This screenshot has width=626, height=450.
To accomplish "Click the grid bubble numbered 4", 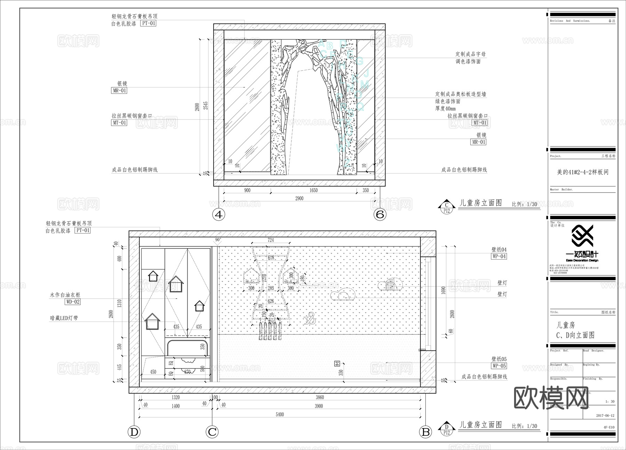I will pos(218,214).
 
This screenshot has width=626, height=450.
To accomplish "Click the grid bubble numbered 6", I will pos(380,214).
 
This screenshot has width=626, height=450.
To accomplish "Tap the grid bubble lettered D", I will pos(134,432).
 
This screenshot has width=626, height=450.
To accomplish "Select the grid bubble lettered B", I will pos(426,432).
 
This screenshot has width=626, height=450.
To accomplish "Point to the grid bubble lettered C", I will pos(212,432).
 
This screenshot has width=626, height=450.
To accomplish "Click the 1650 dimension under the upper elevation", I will pos(313,190).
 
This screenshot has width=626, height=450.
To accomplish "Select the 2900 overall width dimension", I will pos(299,198).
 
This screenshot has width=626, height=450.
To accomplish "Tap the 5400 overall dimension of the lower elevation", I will pos(280,415).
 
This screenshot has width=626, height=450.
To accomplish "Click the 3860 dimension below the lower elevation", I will pos(320,397).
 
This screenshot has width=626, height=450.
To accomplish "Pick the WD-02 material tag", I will pos(73,302).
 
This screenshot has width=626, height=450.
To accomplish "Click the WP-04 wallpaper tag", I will pos(499,256).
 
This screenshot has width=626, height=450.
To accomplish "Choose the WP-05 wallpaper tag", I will pos(499,366).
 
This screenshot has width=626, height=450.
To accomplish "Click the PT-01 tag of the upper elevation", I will pos(148,23).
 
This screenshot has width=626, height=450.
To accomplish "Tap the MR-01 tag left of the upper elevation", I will pos(119,90).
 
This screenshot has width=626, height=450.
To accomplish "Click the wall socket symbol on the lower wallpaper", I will pos(337,364).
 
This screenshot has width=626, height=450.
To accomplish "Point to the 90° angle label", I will pos(218,240).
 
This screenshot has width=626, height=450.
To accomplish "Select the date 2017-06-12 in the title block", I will pos(605,416).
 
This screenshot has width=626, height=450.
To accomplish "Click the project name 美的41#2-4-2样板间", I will pos(583,172).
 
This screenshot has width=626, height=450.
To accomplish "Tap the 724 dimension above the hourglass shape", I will pos(271,240).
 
